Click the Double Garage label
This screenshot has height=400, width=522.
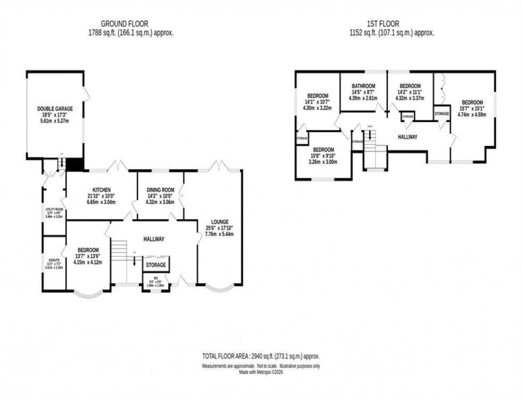tap(55, 109)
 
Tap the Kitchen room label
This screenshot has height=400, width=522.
tap(101, 190)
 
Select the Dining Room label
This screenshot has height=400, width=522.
tap(160, 190)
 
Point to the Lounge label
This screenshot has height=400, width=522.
tap(219, 222)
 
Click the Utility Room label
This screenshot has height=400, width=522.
tap(54, 210)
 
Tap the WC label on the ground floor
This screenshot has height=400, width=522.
tap(156, 277)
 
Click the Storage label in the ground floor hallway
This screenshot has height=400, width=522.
tap(156, 265)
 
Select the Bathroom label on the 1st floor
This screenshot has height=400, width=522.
tap(363, 86)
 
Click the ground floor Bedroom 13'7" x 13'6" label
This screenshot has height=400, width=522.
tap(88, 250)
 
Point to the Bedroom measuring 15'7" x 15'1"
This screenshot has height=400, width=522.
tap(472, 103)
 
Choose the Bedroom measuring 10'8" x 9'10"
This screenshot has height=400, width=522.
tap(323, 150)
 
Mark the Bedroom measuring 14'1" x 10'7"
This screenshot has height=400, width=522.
tap(317, 96)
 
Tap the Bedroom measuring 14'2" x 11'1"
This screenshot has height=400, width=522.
tap(410, 86)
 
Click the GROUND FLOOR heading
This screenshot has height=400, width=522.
tap(125, 23)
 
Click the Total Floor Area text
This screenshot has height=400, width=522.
tap(260, 356)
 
